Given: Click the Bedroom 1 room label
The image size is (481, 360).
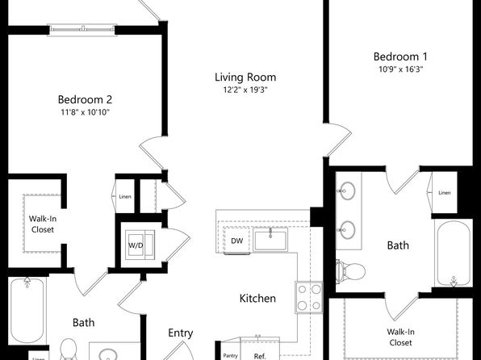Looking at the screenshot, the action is pos(400,57).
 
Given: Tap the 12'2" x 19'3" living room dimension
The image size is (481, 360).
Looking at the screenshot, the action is pos(245,90).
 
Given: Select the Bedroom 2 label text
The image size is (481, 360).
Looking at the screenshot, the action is pos(85,99).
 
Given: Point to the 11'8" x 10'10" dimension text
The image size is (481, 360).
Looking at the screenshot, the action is pos(85,112).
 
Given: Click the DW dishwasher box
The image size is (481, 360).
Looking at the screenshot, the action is pos(236,241).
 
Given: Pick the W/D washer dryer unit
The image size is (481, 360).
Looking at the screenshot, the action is pos(140,245).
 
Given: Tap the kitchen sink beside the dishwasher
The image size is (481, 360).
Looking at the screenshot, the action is pos(270,240).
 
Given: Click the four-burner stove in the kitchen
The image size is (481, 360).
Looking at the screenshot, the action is pos(309,297).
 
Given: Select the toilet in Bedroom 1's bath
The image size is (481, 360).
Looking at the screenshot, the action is pos(350,271).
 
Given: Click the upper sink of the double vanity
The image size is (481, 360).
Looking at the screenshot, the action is pos(347,190).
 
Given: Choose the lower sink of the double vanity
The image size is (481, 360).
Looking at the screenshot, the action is pos(347,230).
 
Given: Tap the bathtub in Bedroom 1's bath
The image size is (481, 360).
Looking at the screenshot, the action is pos(454,253).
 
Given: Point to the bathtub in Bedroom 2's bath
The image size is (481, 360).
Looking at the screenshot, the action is pos(27,310).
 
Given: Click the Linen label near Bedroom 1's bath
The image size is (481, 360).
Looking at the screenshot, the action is pos(445,193).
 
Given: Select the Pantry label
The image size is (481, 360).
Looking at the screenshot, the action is pos(230,356).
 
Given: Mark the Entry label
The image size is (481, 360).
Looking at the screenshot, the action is pos(181,333).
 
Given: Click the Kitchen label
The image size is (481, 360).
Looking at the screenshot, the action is pos(257,299).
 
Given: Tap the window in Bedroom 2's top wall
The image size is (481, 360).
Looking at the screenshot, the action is pos(82,30).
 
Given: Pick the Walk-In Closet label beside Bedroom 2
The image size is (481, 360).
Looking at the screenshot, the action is pos(42,224).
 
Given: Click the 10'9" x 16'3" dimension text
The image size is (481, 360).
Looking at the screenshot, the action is pos(400,69).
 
